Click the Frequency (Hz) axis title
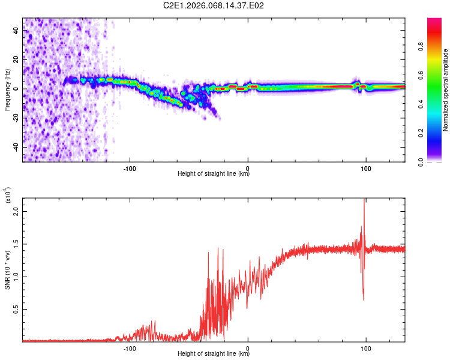[8, 90]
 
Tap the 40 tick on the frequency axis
[16, 31]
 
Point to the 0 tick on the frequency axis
[16, 89]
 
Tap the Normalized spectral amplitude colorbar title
[445, 90]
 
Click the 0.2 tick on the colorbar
[439, 133]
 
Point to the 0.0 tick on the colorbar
[439, 161]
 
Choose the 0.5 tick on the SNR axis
[16, 308]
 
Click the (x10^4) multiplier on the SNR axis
[8, 196]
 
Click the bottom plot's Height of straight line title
[214, 354]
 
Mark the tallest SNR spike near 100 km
[364, 200]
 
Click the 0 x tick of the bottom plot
[248, 347]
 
